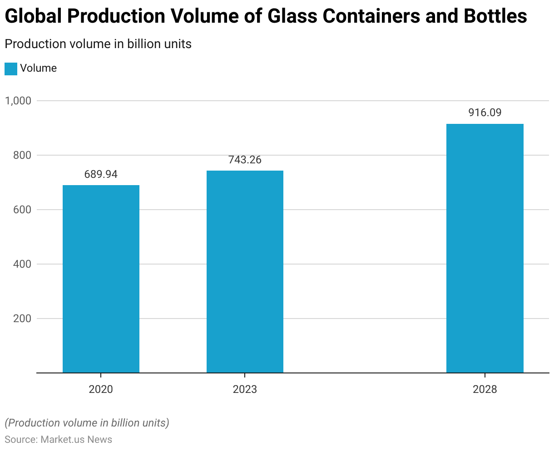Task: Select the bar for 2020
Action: coord(101,279)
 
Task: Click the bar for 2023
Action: coord(245,272)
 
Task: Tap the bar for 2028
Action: coord(485,248)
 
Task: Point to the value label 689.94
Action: coord(101,175)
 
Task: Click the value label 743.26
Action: coord(245,160)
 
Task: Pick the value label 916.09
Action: coord(485,113)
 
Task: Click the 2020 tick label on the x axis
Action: coord(101,389)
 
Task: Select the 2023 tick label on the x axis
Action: coord(245,389)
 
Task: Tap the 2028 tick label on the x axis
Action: coord(485,389)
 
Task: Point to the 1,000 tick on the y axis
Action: coord(18,101)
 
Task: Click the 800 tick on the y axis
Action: coord(22,155)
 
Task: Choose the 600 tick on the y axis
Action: coord(22,210)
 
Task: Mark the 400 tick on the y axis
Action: coord(22,264)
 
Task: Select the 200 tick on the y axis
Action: coord(22,319)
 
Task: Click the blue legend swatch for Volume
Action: coord(11,69)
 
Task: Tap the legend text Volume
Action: coord(39,69)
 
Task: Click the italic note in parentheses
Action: coord(87,423)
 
